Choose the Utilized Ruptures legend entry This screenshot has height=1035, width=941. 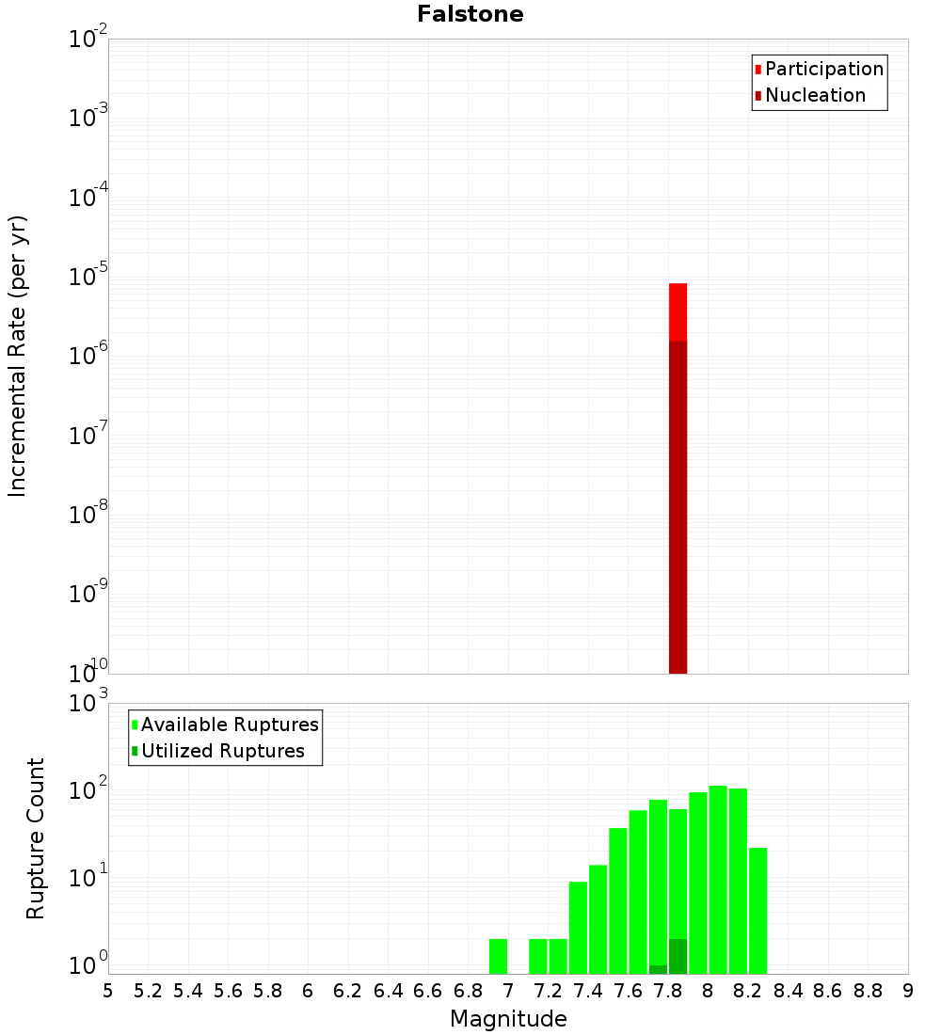point(222,751)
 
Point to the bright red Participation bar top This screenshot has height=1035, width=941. point(678,285)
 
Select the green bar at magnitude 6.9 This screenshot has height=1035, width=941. point(498,956)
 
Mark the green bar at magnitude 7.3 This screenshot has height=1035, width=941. point(578,928)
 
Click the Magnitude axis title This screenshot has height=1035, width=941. point(508,1019)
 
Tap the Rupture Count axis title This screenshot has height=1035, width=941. point(36,838)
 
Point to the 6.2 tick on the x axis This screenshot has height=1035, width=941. point(348,991)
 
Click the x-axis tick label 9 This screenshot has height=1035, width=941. point(908,991)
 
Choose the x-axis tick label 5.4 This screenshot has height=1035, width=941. point(188,991)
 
